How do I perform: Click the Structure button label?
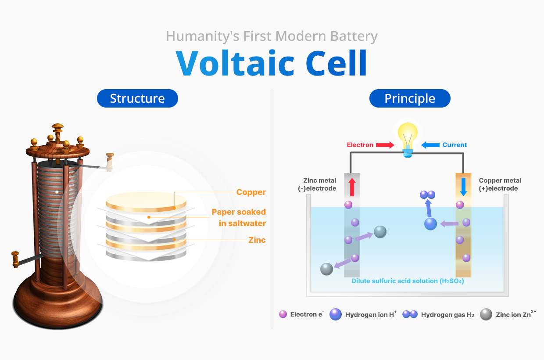[137, 98]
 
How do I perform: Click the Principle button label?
[410, 98]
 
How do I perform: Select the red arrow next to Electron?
[385, 145]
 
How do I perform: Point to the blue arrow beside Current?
[430, 145]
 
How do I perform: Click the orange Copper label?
[251, 192]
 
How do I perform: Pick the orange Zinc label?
[257, 240]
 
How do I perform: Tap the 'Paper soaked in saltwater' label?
[239, 217]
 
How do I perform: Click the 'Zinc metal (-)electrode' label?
[320, 184]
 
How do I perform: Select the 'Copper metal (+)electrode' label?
[500, 184]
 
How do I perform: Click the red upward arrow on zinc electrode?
[352, 187]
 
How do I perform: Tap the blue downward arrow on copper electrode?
[463, 187]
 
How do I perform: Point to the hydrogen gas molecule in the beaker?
[427, 194]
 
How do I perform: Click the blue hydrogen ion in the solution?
[431, 224]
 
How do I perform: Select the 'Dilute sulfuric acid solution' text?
[408, 281]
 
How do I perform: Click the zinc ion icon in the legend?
[486, 314]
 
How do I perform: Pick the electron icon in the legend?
[283, 314]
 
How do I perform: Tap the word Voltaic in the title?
[235, 63]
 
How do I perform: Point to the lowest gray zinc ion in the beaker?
[326, 269]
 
